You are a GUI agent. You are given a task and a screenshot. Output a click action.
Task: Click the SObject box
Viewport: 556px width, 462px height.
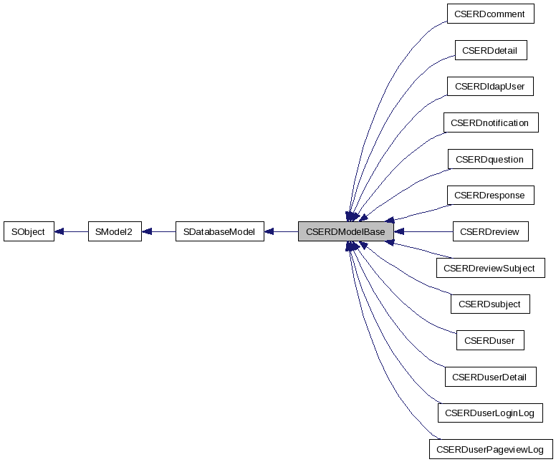(29, 231)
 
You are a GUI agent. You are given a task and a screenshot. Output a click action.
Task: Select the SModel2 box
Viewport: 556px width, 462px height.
(114, 231)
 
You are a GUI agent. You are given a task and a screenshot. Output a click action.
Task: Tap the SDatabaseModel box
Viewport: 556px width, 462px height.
(219, 231)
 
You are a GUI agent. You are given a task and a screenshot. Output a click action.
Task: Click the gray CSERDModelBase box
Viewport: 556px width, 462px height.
(345, 231)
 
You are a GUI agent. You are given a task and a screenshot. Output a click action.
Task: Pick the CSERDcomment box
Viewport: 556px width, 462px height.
(489, 14)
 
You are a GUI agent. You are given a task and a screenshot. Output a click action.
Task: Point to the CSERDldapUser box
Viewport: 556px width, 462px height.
(489, 87)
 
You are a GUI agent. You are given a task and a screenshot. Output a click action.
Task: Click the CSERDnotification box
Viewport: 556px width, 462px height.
(489, 123)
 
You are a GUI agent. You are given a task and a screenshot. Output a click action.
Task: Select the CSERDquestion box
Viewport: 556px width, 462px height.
(489, 159)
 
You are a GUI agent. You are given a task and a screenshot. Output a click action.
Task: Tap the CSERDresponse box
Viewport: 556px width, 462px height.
(489, 195)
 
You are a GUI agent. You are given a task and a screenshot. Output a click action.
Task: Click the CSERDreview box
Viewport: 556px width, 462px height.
(489, 231)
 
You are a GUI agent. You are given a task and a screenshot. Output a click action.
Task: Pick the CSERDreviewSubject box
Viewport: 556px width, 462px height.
(489, 268)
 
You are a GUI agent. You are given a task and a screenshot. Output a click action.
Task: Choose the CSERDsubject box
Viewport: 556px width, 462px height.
(489, 304)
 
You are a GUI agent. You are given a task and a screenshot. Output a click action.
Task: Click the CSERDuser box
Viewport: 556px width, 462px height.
(489, 340)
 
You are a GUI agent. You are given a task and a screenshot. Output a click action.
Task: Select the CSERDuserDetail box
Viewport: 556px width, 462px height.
(489, 377)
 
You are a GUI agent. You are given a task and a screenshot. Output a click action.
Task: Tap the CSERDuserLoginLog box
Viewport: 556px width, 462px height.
(489, 413)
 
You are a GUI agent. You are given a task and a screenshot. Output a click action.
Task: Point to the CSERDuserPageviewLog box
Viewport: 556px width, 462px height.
(491, 449)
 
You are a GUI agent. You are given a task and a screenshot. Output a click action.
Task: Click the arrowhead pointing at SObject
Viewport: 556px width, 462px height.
(60, 231)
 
